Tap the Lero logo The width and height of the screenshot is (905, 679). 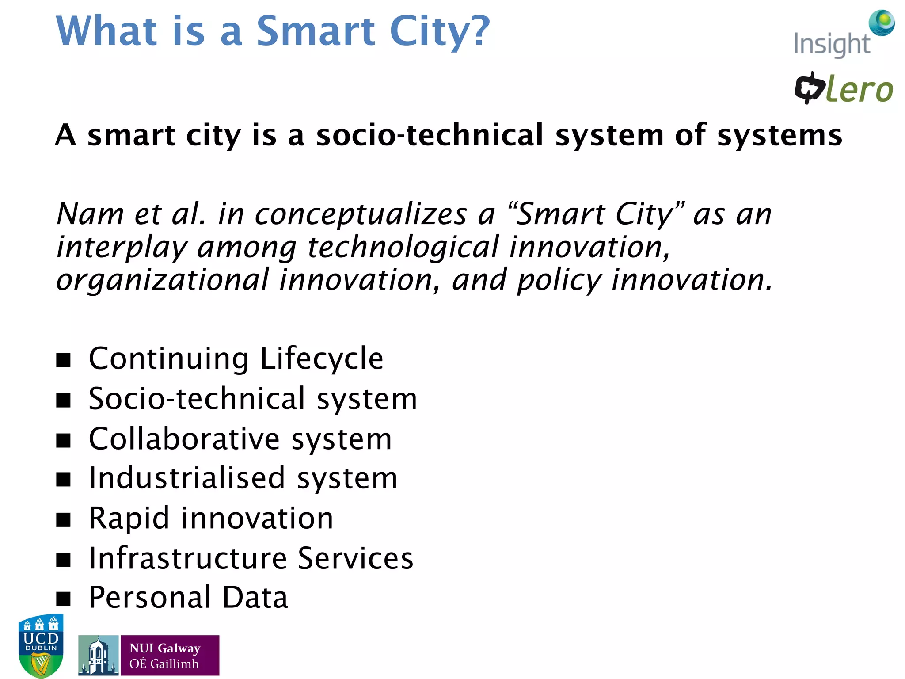843,88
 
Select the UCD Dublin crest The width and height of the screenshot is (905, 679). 41,645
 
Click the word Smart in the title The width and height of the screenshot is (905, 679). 316,31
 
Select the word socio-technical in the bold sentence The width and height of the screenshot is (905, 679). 430,135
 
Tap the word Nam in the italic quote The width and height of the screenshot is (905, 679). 90,214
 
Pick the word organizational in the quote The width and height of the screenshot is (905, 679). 163,280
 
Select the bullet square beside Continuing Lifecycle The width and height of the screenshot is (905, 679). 64,360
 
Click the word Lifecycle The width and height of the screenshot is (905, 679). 322,359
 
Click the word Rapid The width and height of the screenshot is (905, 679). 129,519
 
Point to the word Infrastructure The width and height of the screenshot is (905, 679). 188,558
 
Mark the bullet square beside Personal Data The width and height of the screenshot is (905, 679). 64,599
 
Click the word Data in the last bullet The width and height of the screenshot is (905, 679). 255,597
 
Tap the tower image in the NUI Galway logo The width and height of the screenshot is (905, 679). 98,656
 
